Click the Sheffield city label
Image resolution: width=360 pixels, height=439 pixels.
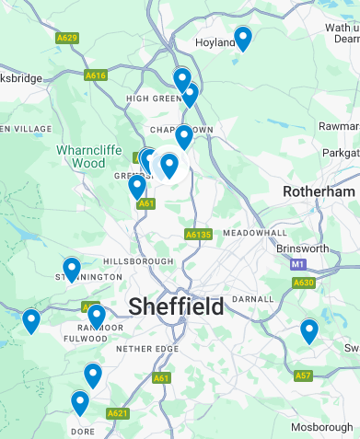coord(176,306)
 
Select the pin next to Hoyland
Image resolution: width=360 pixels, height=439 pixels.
coord(243,39)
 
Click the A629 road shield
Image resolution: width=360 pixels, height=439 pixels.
coord(66,38)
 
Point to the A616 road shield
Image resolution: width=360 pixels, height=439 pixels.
coord(96,75)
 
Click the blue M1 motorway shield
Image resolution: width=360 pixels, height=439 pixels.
coord(297,264)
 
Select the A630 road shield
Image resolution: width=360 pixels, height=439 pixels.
coord(304,283)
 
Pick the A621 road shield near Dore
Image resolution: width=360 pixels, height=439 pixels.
coord(118,414)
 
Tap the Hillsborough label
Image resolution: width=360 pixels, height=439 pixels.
coord(143,261)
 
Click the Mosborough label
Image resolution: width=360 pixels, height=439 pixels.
coord(321,429)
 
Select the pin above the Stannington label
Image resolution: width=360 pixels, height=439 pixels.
coord(72,269)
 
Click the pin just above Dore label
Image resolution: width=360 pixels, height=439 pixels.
coord(80,403)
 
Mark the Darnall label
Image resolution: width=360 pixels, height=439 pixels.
coord(255,299)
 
